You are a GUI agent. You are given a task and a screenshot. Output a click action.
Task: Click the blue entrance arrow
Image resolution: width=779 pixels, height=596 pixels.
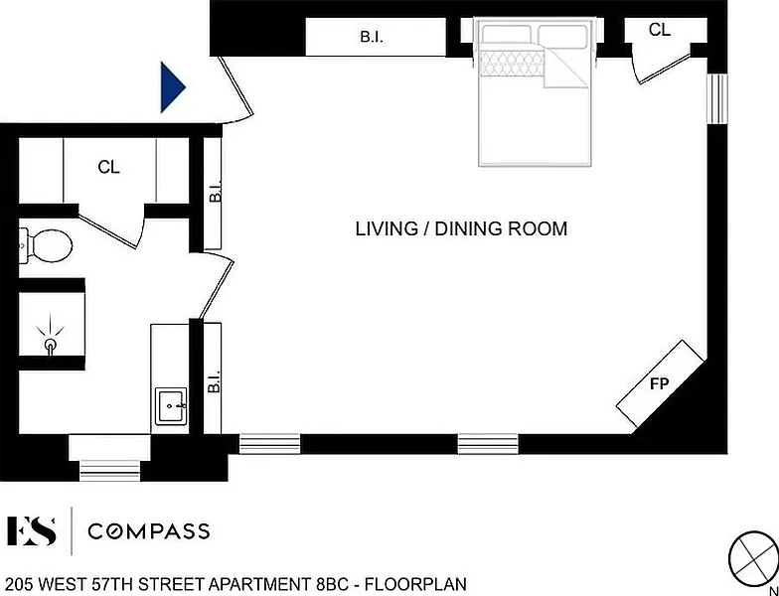(x=172, y=87)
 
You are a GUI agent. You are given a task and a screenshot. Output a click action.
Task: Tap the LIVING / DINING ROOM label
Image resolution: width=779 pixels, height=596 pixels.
(x=461, y=228)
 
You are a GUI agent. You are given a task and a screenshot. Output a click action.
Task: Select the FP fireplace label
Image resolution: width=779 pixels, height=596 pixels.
(x=660, y=383)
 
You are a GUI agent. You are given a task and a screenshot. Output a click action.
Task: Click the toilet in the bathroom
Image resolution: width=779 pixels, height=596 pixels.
(x=46, y=245)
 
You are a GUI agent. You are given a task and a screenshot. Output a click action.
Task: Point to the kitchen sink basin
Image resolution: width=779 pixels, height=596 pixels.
(x=171, y=406)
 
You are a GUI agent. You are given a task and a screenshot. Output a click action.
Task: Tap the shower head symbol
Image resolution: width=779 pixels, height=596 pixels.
(x=50, y=342)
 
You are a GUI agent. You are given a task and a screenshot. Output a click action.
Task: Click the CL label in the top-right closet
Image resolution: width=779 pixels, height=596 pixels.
(x=660, y=30)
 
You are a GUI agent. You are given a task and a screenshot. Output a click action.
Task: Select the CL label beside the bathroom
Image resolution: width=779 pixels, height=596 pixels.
(x=109, y=167)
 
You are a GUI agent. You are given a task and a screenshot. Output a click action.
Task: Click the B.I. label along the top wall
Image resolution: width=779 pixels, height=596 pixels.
(x=372, y=38)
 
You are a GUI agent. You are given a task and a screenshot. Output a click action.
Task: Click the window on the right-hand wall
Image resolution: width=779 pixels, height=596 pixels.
(x=717, y=98)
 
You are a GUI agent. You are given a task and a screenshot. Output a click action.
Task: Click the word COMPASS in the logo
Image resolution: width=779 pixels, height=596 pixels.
(x=149, y=531)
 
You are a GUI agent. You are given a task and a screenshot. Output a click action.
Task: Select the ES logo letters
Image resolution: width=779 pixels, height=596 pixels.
(x=31, y=530)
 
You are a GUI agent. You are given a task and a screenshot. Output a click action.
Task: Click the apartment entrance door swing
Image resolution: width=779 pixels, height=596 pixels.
(x=236, y=89)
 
